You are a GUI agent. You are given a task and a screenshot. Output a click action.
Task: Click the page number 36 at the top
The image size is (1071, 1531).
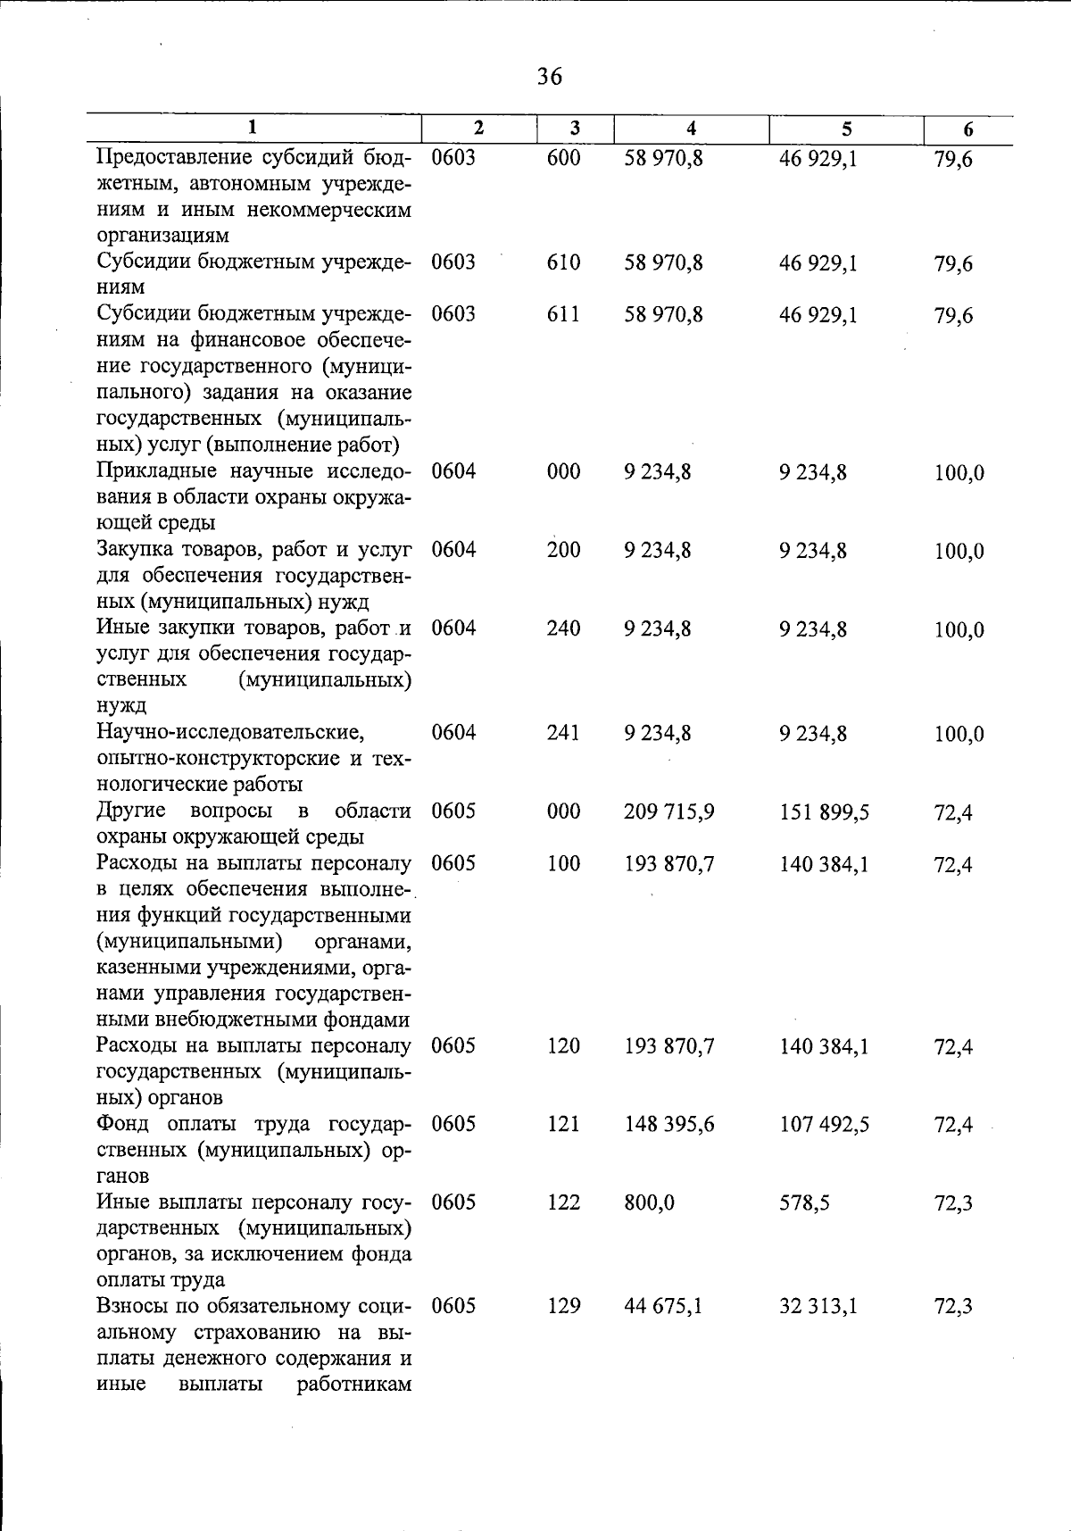coord(550,77)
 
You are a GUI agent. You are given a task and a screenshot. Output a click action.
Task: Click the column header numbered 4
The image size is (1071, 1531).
coord(691,129)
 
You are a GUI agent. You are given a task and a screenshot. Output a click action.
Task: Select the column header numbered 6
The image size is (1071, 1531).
coord(967,129)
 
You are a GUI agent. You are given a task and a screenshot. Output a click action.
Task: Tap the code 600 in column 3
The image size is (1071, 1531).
coord(563,158)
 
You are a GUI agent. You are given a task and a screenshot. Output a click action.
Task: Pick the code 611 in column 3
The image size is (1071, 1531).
coord(563,314)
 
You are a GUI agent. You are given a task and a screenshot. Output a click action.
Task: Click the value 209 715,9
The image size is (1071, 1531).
coord(669,811)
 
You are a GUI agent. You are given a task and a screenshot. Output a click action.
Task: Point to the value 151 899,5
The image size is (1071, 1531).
coord(824,812)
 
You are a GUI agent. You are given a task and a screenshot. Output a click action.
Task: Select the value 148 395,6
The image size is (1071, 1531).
coord(669,1125)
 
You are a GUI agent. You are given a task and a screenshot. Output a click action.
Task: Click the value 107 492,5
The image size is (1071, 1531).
coord(824,1125)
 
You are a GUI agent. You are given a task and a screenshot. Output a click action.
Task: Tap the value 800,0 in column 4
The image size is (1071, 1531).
coord(650,1203)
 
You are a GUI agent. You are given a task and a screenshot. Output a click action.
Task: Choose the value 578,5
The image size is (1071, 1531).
coord(804,1203)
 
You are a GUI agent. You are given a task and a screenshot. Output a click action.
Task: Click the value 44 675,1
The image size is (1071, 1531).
coord(664,1307)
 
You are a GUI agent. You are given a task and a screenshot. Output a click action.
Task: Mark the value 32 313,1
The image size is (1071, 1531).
coord(818,1307)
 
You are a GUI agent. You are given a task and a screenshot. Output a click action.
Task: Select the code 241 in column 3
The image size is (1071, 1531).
coord(563,733)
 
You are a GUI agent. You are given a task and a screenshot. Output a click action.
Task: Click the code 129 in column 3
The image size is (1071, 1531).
coord(563,1306)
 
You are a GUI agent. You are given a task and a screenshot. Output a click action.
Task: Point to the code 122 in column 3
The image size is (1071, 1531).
coord(563,1202)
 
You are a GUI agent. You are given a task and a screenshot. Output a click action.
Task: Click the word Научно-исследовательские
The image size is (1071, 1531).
coord(230,733)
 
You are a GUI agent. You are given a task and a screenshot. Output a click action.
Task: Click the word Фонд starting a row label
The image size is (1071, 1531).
coord(123,1124)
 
